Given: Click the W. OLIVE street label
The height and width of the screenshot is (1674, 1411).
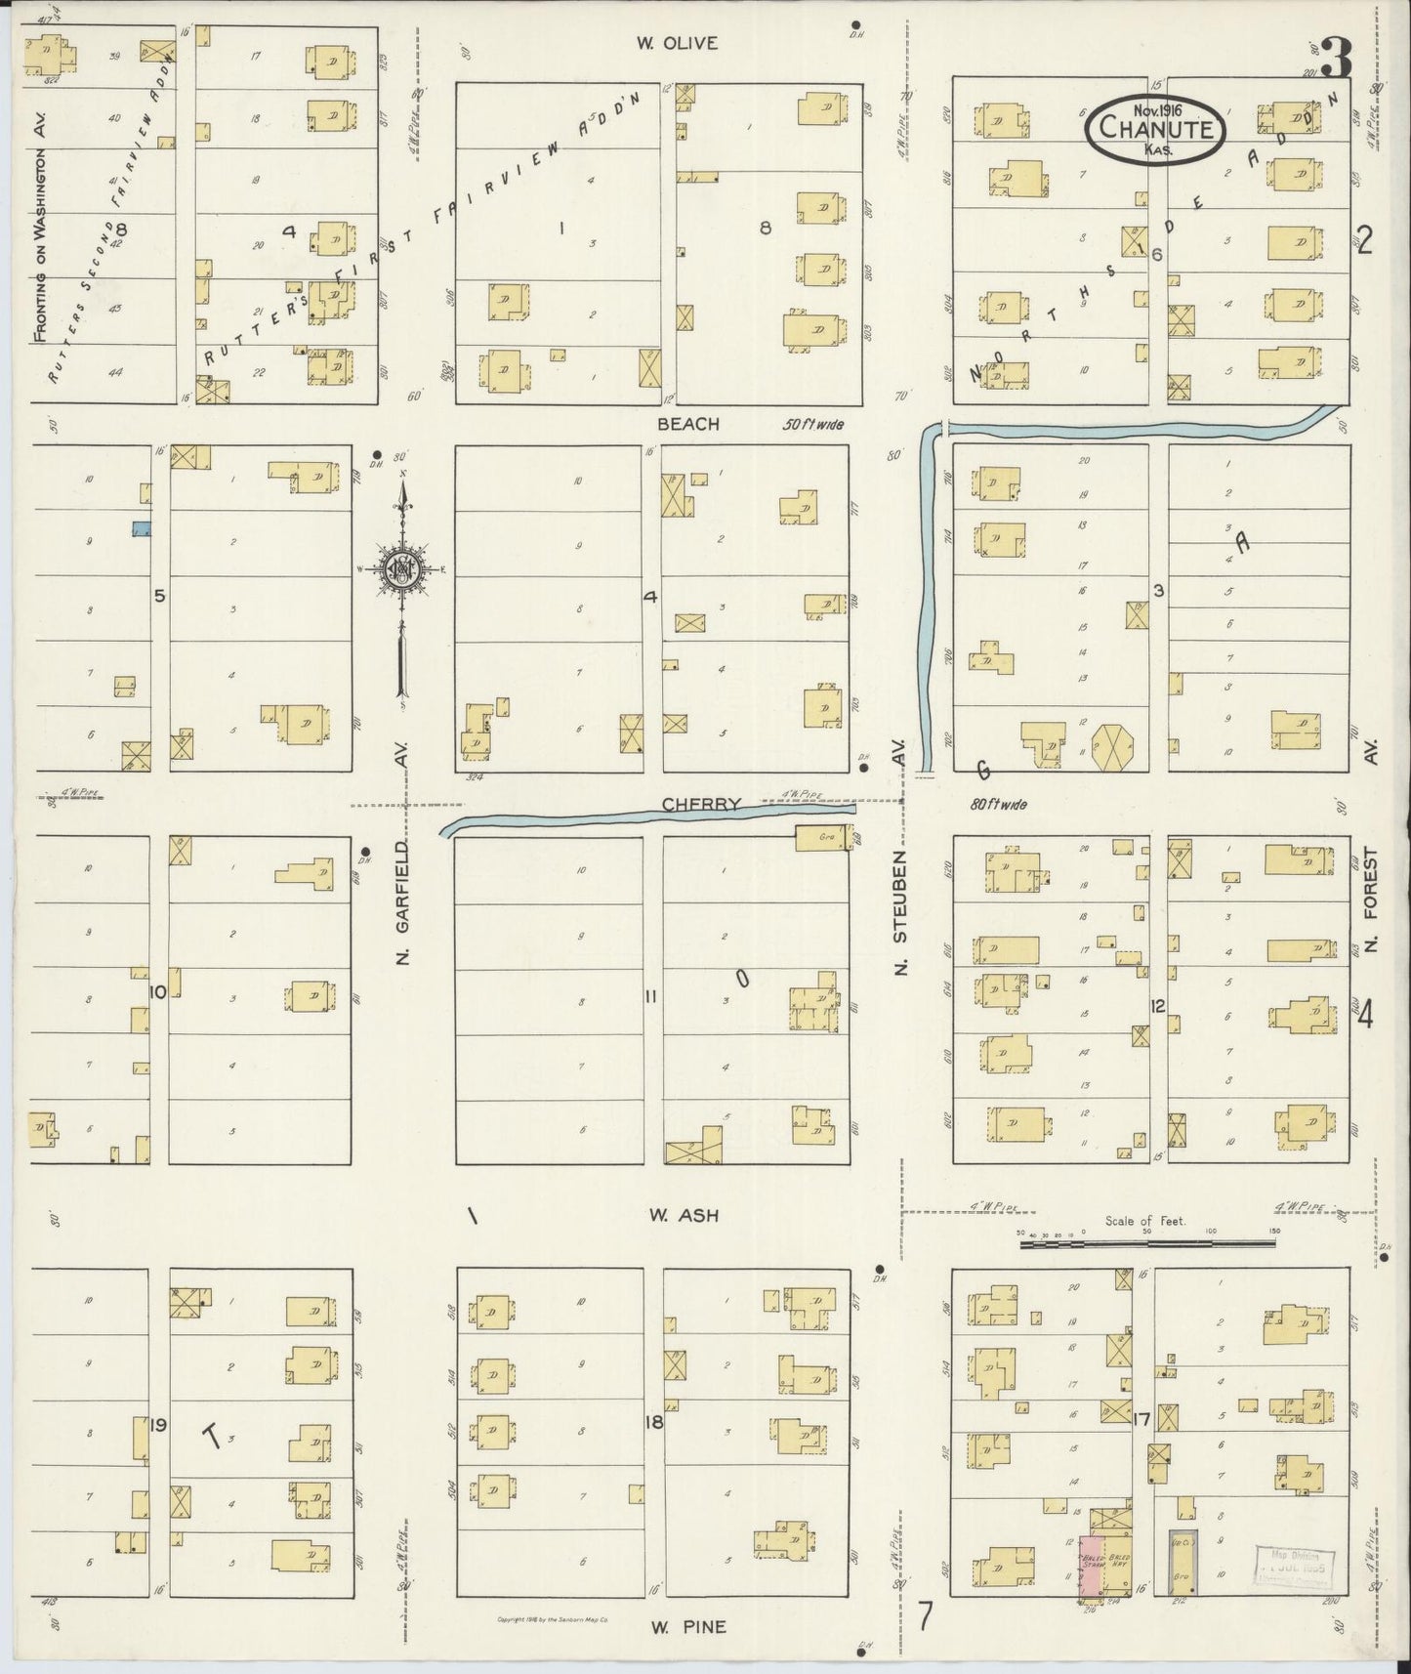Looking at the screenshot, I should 677,43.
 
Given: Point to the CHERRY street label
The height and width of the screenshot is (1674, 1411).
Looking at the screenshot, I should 700,805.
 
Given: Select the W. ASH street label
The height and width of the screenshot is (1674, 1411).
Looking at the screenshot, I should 685,1216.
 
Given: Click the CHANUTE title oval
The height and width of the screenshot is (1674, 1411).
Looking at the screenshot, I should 1155,127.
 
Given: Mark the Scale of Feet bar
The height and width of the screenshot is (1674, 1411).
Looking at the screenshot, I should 1146,1243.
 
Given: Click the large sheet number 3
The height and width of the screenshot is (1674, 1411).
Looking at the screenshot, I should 1337,61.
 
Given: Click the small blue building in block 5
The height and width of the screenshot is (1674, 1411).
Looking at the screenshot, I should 142,528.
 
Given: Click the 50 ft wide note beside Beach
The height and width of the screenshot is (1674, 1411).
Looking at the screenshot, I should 811,426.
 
